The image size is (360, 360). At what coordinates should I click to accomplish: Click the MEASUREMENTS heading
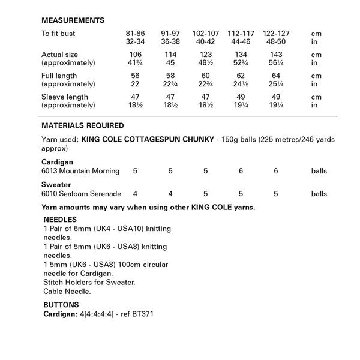point(73,20)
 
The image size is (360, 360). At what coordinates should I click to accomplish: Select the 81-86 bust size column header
point(135,34)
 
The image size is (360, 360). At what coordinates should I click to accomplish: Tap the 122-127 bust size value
point(276,34)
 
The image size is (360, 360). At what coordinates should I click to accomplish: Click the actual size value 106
point(135,55)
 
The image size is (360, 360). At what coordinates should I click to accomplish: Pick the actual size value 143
point(276,55)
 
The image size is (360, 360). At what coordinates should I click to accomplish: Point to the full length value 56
point(135,76)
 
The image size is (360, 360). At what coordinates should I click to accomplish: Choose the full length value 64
point(276,76)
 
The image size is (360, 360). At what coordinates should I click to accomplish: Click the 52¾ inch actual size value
point(241,63)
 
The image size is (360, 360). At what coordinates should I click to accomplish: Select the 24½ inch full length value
point(241,84)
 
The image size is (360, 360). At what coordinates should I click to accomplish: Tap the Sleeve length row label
point(65,97)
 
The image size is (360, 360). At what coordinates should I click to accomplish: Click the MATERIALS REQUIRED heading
point(83,126)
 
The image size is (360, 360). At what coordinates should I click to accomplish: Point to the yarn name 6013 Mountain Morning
point(80,171)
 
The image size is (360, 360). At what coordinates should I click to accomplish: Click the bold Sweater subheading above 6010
point(56,185)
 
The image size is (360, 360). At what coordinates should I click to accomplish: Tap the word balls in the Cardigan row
point(319,171)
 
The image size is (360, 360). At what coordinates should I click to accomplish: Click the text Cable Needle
point(67,291)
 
